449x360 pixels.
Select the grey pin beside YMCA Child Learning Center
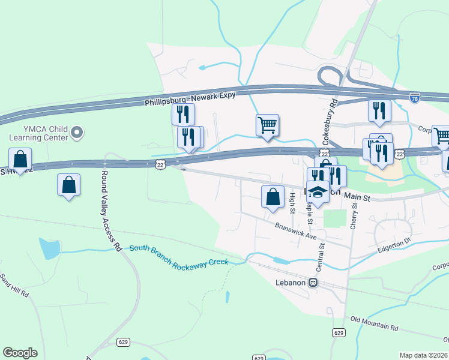77,132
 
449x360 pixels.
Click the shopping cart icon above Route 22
267,125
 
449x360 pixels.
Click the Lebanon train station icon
313,282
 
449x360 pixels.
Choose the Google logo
20,353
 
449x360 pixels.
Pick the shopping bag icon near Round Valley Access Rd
68,185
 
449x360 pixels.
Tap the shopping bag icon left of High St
273,196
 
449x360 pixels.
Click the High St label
292,203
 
